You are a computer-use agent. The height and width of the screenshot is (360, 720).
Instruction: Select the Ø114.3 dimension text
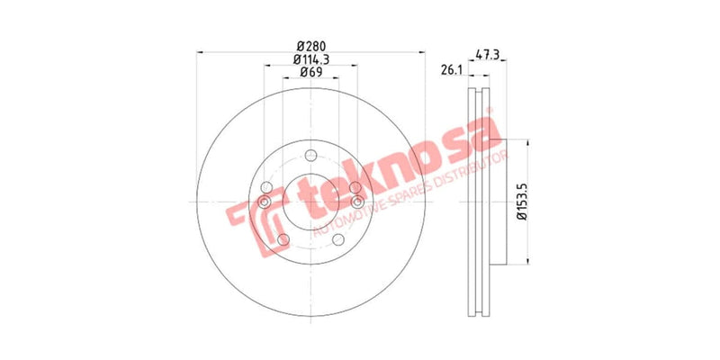pyautogui.click(x=311, y=58)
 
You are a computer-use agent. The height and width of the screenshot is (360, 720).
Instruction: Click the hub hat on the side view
pyautogui.click(x=500, y=202)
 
